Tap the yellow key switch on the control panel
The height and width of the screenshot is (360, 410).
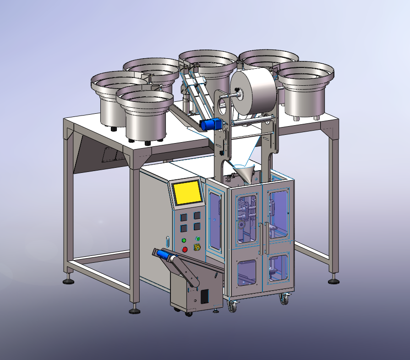coord(198,248)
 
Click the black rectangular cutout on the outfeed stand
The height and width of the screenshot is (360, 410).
coord(205,296)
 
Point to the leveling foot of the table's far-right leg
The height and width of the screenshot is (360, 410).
coord(333,279)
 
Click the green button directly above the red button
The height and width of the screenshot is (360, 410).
coord(184,240)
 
